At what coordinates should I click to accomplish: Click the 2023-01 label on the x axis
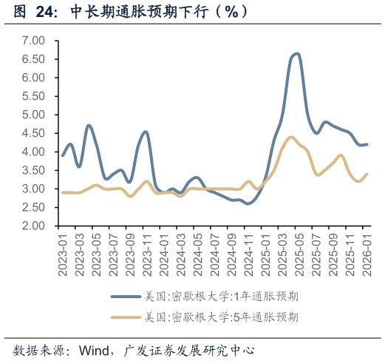coord(62,253)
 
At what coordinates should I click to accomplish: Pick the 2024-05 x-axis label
coord(197,253)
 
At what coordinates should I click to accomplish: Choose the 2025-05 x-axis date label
coord(298,253)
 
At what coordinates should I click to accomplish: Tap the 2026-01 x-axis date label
coord(366,253)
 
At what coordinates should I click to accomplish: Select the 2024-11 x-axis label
coord(248,253)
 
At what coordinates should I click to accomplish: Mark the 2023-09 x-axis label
coord(129,253)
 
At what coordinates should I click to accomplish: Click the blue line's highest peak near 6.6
coord(296,53)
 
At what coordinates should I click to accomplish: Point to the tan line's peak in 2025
coord(290,137)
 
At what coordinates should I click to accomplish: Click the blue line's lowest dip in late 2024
coord(247,203)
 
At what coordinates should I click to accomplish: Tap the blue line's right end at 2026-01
coord(367,144)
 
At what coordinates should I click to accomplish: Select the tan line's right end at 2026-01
coord(367,174)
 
